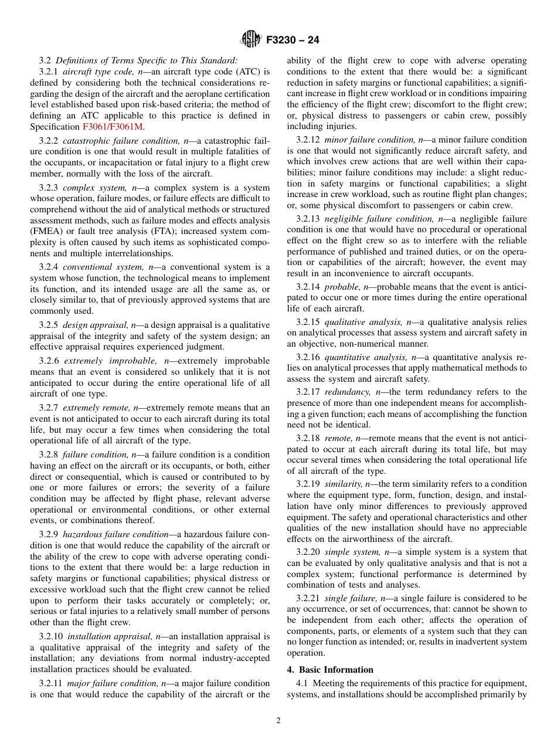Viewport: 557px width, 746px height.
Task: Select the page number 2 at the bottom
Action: pos(278,721)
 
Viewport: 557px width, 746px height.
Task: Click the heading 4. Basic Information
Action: pos(330,670)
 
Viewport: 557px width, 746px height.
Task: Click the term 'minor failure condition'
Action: pos(366,140)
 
